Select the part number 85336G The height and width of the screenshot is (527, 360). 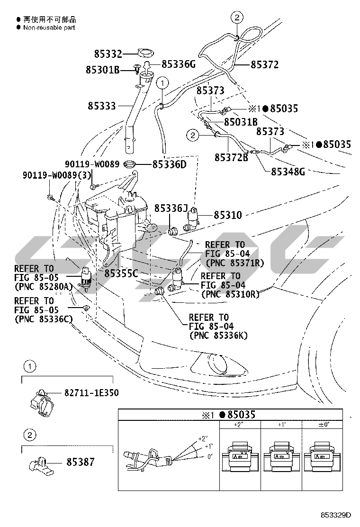coord(179,64)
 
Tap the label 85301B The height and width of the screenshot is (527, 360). coord(102,70)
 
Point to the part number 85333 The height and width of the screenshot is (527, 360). coord(101,106)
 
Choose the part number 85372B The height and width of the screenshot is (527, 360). coord(231,157)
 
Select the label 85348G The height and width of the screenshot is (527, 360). coord(288,172)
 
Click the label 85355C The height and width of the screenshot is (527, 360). coord(121,273)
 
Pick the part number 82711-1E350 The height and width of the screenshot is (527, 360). coord(91,393)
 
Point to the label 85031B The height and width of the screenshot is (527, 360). coord(241,122)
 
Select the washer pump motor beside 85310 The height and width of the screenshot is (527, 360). coord(194,219)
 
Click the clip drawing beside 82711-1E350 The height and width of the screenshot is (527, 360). coord(40,401)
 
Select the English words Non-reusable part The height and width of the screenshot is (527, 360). coord(49,27)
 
